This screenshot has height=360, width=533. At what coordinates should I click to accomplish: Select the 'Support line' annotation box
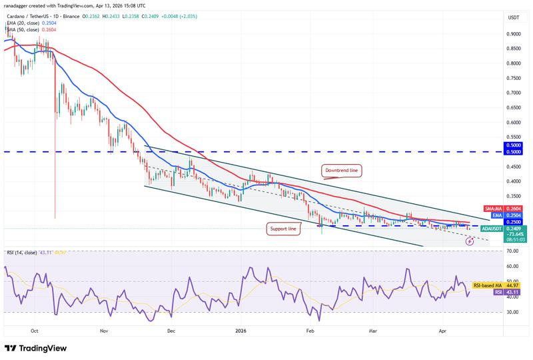283,229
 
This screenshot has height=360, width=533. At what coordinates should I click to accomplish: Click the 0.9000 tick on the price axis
513,34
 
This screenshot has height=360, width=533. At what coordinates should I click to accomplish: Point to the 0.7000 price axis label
513,93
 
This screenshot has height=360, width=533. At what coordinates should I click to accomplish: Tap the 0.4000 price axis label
513,181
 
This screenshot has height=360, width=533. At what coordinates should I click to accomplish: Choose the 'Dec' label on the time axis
171,330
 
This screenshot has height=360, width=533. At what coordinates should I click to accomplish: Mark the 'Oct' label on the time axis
35,330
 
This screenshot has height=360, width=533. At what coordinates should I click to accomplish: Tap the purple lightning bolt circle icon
469,241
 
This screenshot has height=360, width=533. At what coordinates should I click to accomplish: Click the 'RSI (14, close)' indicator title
23,252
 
